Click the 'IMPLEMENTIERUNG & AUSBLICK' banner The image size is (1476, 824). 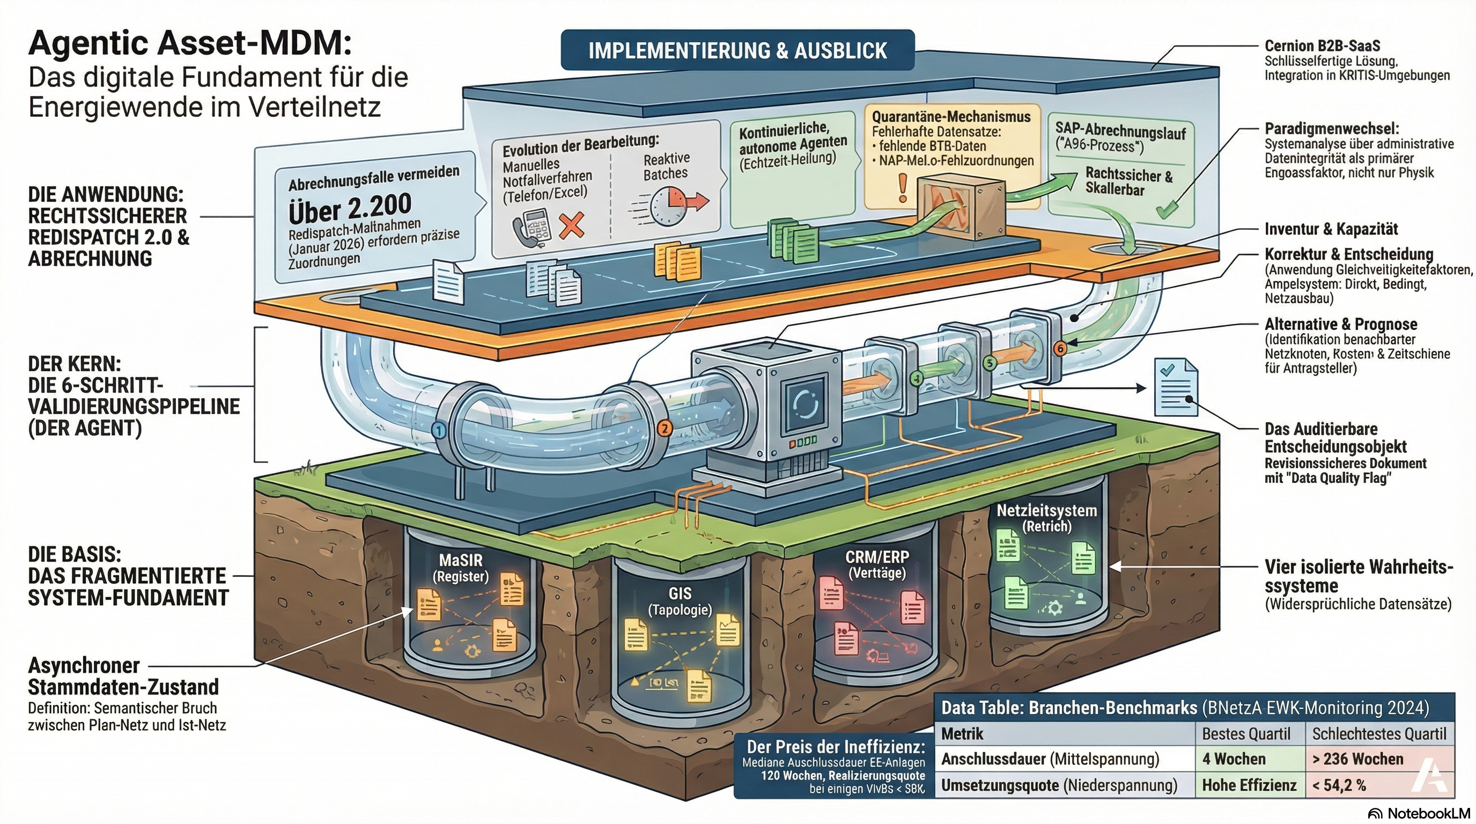tap(737, 50)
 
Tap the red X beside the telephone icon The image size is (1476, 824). tap(571, 225)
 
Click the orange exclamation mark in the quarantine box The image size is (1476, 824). tap(903, 188)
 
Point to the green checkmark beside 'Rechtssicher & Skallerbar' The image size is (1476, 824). tap(1166, 209)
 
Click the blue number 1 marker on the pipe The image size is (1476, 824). tap(439, 431)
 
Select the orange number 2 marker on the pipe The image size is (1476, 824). tap(664, 428)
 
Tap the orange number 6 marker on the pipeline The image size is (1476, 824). tap(1060, 348)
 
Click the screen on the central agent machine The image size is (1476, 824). tap(806, 404)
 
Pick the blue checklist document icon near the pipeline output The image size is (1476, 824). tap(1175, 387)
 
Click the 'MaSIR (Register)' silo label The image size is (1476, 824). tap(461, 567)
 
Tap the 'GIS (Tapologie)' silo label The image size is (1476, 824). tap(680, 601)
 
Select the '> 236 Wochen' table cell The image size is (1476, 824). tap(1358, 759)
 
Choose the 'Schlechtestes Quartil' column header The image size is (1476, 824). tap(1379, 733)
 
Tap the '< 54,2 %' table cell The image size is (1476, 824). tap(1339, 785)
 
